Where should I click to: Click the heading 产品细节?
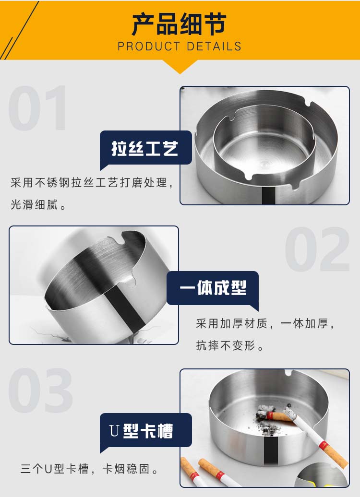click(179, 24)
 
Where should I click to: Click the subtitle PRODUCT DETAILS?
click(180, 46)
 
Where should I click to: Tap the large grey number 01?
click(37, 108)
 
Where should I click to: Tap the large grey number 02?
click(317, 249)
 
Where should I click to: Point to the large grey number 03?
click(40, 390)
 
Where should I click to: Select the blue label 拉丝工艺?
click(145, 148)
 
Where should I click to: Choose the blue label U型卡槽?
click(145, 431)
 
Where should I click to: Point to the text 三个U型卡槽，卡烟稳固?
click(89, 469)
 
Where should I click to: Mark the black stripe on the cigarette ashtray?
click(271, 450)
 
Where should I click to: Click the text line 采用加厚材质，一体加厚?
click(265, 324)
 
